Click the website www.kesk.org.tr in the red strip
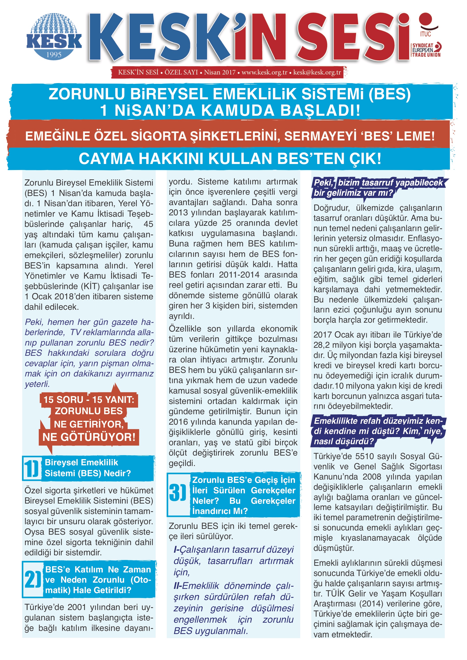click(x=264, y=72)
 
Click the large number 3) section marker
click(x=177, y=493)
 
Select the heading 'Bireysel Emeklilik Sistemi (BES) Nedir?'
click(x=88, y=468)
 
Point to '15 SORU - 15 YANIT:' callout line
click(x=89, y=400)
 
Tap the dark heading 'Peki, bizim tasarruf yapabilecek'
click(x=378, y=183)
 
